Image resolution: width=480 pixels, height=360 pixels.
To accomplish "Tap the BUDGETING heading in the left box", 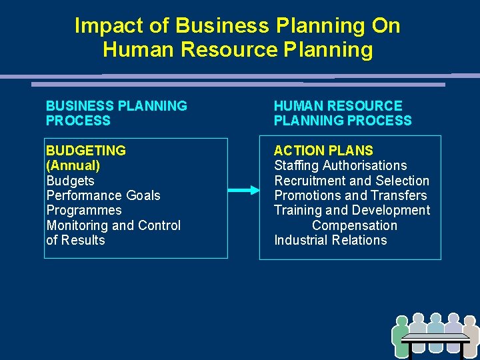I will coord(86,151).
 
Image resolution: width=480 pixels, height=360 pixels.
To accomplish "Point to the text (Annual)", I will coord(73,165).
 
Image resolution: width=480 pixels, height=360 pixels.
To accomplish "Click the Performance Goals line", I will coord(103,195).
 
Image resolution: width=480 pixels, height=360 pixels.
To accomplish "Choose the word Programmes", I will coord(84,210).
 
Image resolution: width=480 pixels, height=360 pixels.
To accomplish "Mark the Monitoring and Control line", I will coord(113,225).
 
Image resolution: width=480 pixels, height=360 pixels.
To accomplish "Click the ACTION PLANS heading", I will coord(323,151).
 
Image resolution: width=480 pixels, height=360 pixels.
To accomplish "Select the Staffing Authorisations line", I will coord(340,165).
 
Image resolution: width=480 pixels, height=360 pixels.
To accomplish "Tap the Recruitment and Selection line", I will coord(352,181).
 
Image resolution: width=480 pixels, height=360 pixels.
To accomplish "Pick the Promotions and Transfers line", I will coord(351,195).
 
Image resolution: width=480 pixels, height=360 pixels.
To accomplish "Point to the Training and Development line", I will coord(352,210).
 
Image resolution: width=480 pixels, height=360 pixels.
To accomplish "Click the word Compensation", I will coord(354,225).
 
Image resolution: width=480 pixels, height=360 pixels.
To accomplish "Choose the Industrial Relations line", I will coord(330,240).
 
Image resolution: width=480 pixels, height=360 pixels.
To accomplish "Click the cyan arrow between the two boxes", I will coord(243,191).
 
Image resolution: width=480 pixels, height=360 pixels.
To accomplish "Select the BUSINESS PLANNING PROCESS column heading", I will coord(116,113).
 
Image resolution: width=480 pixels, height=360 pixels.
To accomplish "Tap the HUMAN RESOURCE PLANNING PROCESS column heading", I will coord(342,113).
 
